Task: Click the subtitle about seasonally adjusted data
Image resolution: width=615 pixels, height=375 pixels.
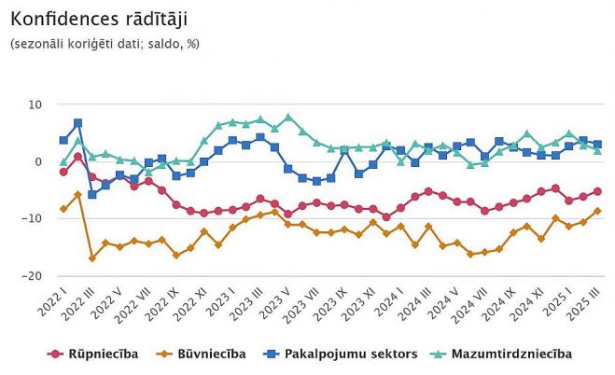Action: point(105,43)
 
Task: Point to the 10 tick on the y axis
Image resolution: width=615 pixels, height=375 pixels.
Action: point(36,104)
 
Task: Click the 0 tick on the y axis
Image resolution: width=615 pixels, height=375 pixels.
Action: point(39,161)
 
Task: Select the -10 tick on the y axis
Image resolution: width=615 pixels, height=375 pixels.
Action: point(35,218)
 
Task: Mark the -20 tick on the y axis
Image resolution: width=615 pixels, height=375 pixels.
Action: point(35,276)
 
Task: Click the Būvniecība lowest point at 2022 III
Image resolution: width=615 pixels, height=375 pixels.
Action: point(91,258)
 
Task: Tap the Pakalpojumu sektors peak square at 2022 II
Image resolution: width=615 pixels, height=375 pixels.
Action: point(77,123)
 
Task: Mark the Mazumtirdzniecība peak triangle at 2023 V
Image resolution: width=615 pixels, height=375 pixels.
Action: point(288,118)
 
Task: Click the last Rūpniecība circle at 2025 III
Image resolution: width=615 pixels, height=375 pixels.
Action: point(597,191)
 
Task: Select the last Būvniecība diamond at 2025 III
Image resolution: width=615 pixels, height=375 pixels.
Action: point(597,211)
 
